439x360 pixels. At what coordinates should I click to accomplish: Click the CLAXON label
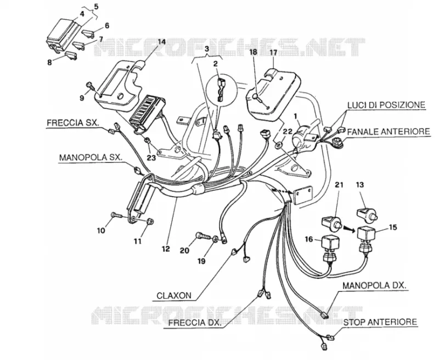(174, 296)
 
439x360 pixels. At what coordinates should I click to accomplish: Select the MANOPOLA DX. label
(375, 285)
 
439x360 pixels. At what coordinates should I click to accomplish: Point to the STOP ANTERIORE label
(380, 322)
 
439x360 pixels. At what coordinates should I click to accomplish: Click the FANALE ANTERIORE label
(389, 131)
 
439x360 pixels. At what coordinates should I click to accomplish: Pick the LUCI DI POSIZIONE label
(386, 105)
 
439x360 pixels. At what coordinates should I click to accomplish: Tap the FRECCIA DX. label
(195, 323)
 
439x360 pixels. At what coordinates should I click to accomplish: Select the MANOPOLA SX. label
(91, 157)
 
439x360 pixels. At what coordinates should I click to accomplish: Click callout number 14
(161, 42)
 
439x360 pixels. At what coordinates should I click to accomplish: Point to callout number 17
(273, 52)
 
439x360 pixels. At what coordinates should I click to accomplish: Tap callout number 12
(166, 249)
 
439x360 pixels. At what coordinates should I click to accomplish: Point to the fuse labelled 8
(71, 56)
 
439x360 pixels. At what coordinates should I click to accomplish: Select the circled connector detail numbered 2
(219, 90)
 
